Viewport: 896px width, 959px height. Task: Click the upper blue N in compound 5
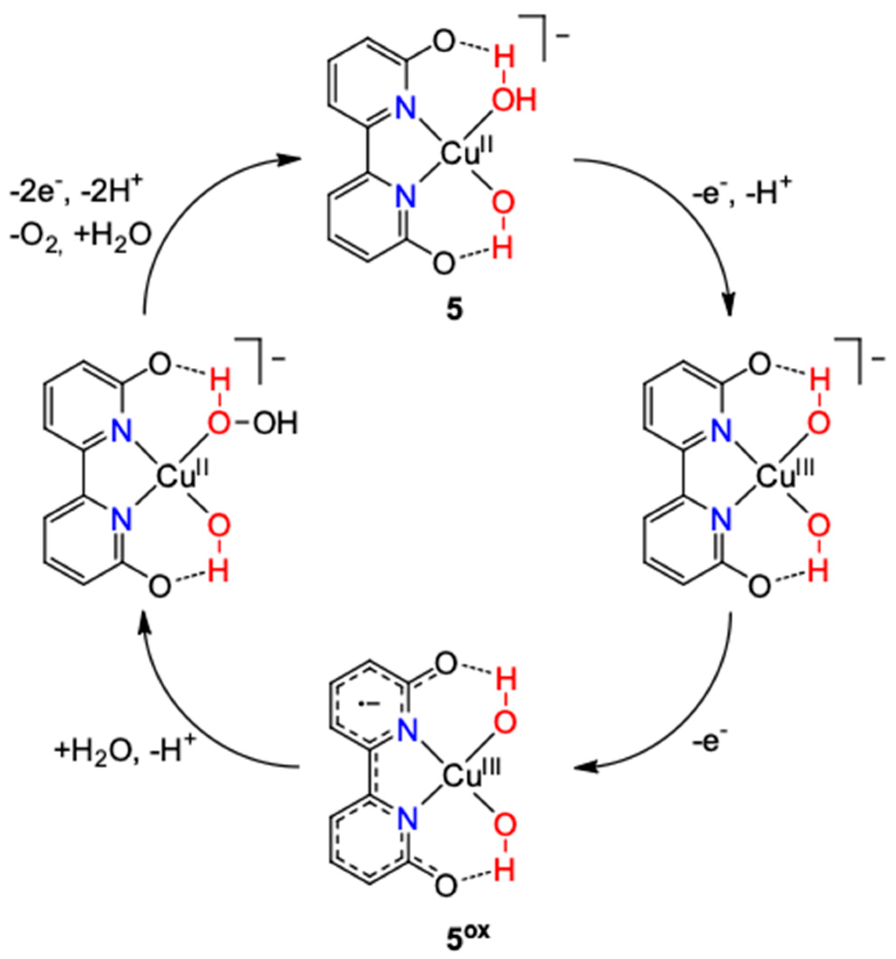405,109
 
